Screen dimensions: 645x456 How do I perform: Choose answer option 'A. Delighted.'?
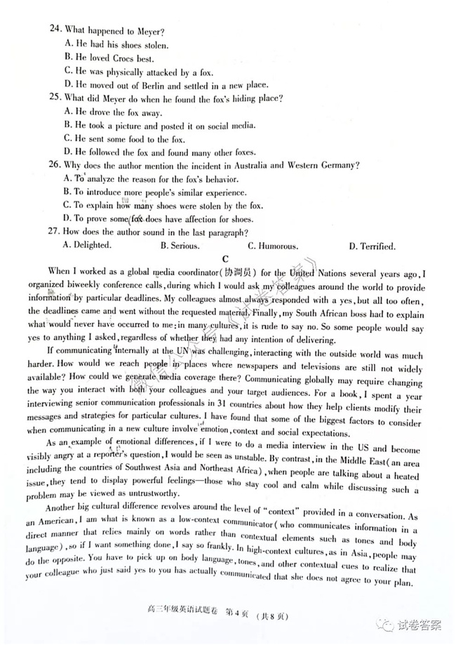[87, 246]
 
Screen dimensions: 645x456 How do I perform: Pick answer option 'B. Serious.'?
[180, 246]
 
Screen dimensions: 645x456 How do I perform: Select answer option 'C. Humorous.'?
[273, 246]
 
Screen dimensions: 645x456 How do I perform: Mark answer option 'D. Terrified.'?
[371, 246]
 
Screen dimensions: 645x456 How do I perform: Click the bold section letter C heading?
[226, 259]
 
